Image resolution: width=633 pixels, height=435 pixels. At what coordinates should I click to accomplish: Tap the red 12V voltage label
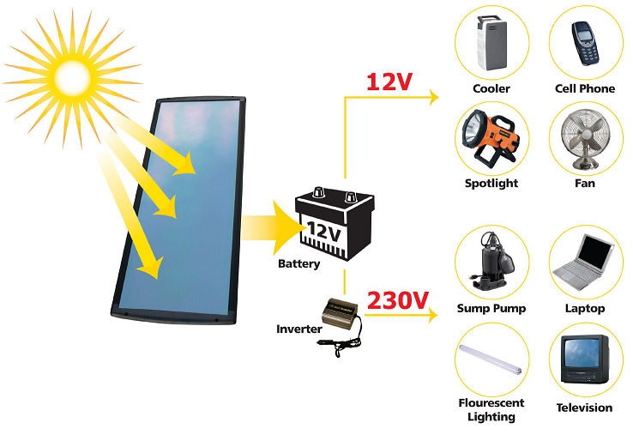pyautogui.click(x=389, y=82)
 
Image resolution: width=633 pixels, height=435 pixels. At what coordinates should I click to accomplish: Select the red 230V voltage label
pyautogui.click(x=398, y=300)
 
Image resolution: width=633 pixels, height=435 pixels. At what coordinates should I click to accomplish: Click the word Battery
pyautogui.click(x=298, y=263)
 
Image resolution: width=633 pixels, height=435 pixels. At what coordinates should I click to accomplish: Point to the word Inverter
pyautogui.click(x=298, y=329)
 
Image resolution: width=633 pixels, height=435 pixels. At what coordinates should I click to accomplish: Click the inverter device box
pyautogui.click(x=339, y=312)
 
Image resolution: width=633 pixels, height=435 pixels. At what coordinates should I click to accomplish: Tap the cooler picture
pyautogui.click(x=491, y=43)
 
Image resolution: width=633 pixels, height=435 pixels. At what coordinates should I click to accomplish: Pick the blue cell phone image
pyautogui.click(x=585, y=44)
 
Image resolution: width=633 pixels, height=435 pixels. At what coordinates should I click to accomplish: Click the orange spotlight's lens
pyautogui.click(x=473, y=128)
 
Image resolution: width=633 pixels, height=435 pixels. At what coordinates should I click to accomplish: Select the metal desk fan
pyautogui.click(x=585, y=139)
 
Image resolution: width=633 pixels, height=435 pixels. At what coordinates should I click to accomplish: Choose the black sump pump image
pyautogui.click(x=491, y=261)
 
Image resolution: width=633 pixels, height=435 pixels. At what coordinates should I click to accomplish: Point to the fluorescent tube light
pyautogui.click(x=491, y=359)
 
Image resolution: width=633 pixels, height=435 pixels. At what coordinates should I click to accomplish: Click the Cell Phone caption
pyautogui.click(x=585, y=89)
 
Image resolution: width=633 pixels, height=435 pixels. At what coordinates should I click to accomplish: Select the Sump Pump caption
pyautogui.click(x=491, y=309)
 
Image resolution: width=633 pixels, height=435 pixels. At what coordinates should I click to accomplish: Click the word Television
pyautogui.click(x=585, y=408)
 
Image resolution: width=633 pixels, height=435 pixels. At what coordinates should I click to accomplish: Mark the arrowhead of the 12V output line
pyautogui.click(x=434, y=97)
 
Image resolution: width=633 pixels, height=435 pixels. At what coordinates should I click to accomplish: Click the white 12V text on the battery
pyautogui.click(x=324, y=232)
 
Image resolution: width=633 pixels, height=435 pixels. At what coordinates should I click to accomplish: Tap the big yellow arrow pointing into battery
pyautogui.click(x=274, y=228)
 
